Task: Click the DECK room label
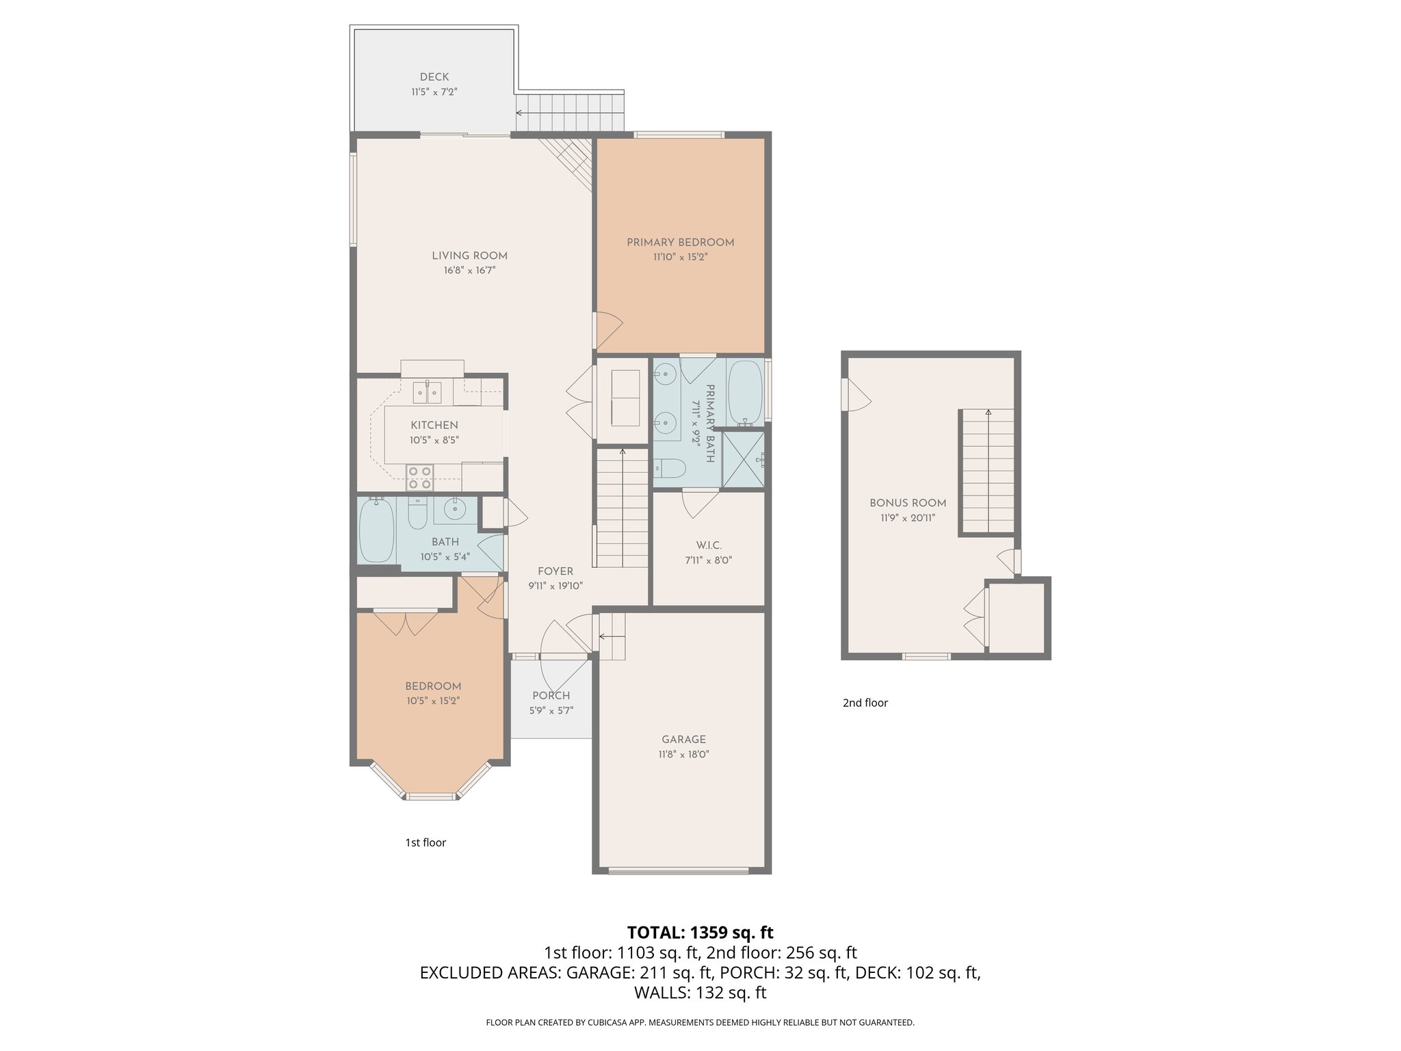pos(434,77)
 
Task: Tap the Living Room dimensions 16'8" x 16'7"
pos(469,270)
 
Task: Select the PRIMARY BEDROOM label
pos(680,242)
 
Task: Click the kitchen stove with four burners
pos(420,477)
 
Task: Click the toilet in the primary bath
pos(671,469)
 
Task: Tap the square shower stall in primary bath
pos(743,460)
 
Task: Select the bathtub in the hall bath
pos(376,530)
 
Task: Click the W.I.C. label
pos(709,545)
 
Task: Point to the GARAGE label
pos(683,739)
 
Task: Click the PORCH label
pos(551,696)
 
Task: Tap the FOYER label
pos(555,571)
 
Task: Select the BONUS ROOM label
pos(908,503)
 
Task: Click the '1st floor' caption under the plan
pos(425,842)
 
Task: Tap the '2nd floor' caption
pos(865,703)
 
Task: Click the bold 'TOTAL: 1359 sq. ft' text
pos(700,933)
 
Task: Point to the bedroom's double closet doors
pos(405,623)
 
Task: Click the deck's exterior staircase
pos(570,113)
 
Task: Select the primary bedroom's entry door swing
pos(607,330)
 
